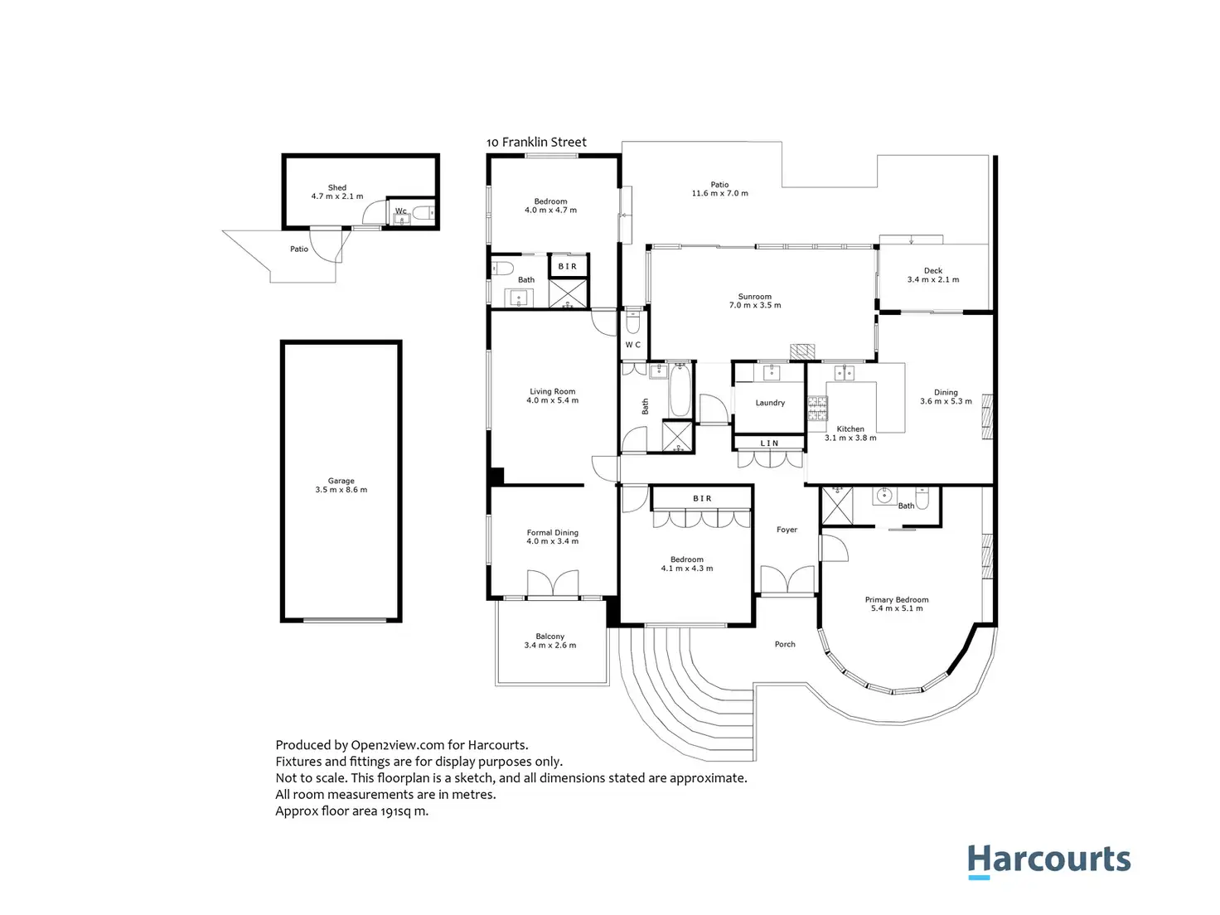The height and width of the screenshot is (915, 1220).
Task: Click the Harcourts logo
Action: tap(1048, 860)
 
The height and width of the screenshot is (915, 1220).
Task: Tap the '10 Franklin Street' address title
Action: tap(536, 143)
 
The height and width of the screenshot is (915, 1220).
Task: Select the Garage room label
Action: tap(341, 481)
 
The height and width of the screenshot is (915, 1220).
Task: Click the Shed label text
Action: tap(337, 188)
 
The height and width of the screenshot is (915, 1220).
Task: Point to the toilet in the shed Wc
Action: tap(423, 214)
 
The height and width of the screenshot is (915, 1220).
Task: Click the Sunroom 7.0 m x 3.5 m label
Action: tap(754, 301)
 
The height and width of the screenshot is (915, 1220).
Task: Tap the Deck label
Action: tap(933, 271)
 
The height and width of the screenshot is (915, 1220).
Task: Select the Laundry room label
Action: tap(770, 403)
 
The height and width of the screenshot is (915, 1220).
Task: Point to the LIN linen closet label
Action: tap(769, 443)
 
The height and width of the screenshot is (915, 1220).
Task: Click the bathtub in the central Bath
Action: tap(680, 391)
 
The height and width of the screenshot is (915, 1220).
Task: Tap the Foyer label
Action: tap(787, 530)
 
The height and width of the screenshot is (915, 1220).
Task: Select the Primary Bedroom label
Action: tap(897, 600)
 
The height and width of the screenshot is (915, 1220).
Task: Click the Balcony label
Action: tap(550, 637)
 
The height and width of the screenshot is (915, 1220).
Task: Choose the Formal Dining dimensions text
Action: tap(553, 542)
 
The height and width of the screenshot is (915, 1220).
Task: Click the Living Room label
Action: tap(553, 392)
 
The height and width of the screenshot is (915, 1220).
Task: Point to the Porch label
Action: tap(785, 644)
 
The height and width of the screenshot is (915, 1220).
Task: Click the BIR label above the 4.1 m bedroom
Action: tap(702, 498)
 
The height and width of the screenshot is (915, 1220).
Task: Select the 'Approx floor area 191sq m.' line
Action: tap(352, 811)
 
